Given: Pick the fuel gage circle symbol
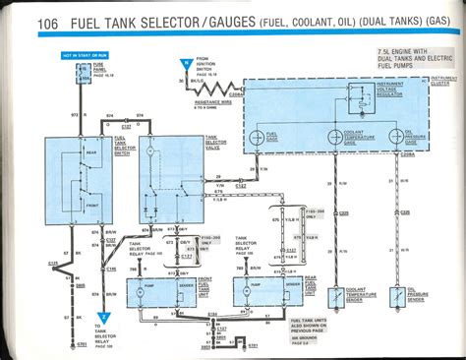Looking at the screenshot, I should [261, 138].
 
